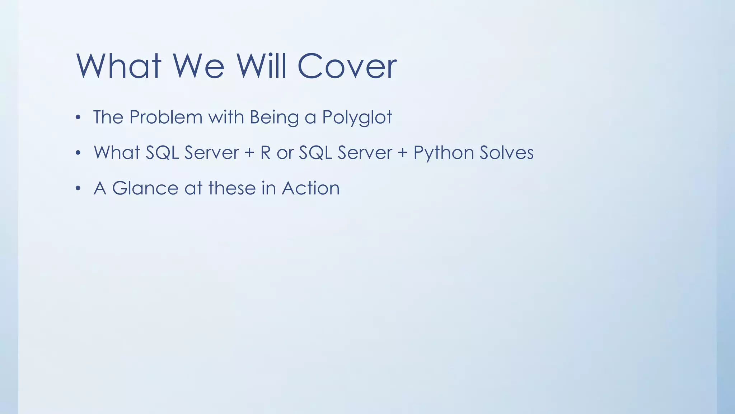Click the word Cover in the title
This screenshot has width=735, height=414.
[347, 66]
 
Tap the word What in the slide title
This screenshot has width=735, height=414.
[118, 66]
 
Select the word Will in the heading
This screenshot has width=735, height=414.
[261, 66]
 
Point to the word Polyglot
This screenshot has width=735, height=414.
[357, 118]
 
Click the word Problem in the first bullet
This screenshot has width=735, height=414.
[166, 117]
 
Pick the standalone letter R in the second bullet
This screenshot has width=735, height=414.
[266, 152]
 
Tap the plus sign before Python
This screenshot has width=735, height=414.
[403, 153]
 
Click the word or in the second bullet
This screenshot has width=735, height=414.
[285, 153]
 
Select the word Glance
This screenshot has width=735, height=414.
[145, 188]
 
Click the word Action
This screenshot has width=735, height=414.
[311, 188]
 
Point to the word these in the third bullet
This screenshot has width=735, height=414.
[232, 188]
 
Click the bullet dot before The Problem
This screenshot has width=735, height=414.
[78, 118]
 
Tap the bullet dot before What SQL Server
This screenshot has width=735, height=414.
[78, 153]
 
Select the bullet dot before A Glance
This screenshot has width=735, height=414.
[78, 189]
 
